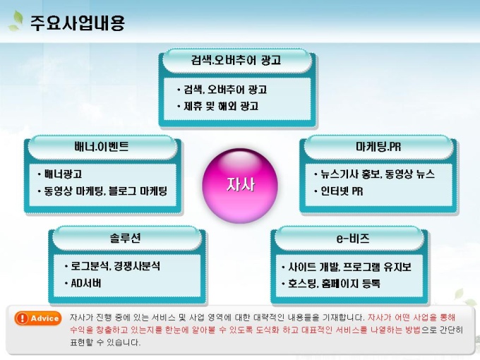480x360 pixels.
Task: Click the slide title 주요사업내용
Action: click(78, 23)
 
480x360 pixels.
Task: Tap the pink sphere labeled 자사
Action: click(240, 186)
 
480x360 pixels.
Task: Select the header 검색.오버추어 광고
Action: click(236, 60)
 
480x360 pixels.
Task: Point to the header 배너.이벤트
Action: click(102, 147)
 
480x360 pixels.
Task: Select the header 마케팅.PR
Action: click(378, 147)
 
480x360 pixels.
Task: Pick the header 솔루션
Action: click(125, 238)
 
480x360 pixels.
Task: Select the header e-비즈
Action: click(353, 238)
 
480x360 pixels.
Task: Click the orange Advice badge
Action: click(37, 318)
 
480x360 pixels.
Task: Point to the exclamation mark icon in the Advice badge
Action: click(22, 318)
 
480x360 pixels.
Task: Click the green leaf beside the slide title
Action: click(16, 20)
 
